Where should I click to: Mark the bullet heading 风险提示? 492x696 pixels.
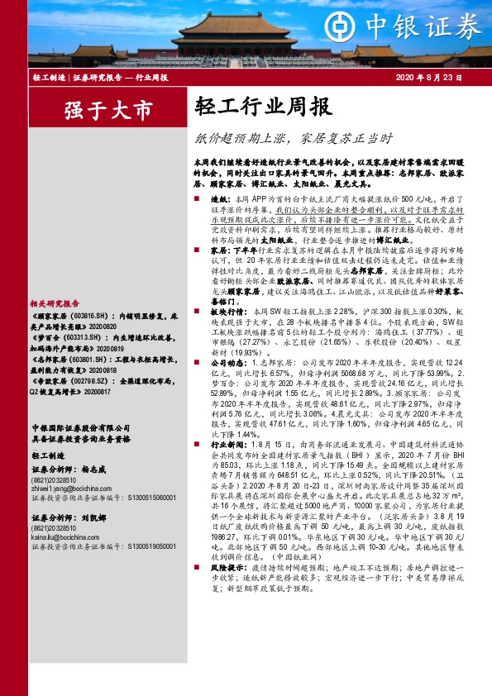[226, 569]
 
